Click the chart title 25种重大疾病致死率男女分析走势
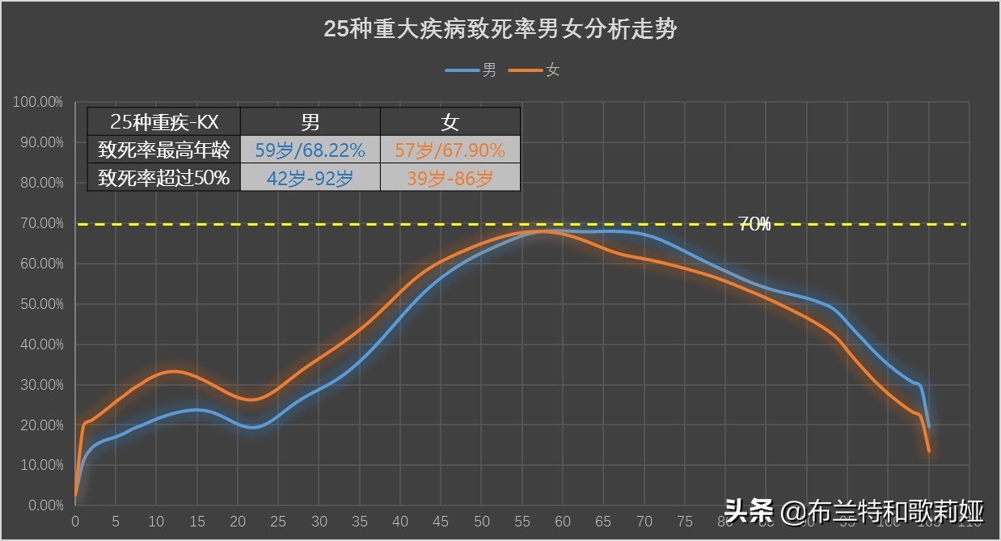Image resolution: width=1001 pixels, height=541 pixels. pyautogui.click(x=500, y=30)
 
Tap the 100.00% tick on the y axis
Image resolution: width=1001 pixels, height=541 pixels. pyautogui.click(x=38, y=103)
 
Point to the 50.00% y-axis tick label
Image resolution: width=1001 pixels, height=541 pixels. pyautogui.click(x=41, y=304)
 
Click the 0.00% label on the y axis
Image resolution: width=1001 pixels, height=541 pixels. pyautogui.click(x=44, y=505)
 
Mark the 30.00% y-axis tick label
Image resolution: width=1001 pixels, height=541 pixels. pyautogui.click(x=41, y=385)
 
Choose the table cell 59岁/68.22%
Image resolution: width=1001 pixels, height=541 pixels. pyautogui.click(x=310, y=150)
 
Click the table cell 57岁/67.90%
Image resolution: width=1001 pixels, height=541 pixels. pyautogui.click(x=450, y=150)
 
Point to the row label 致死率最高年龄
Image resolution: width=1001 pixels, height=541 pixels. pyautogui.click(x=164, y=150)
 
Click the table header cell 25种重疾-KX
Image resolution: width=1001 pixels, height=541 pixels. pyautogui.click(x=164, y=122)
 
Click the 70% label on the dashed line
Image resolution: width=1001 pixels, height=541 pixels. pyautogui.click(x=754, y=225)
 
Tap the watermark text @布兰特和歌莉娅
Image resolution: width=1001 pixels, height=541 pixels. pyautogui.click(x=882, y=511)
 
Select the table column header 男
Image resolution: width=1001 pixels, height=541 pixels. pyautogui.click(x=310, y=122)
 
